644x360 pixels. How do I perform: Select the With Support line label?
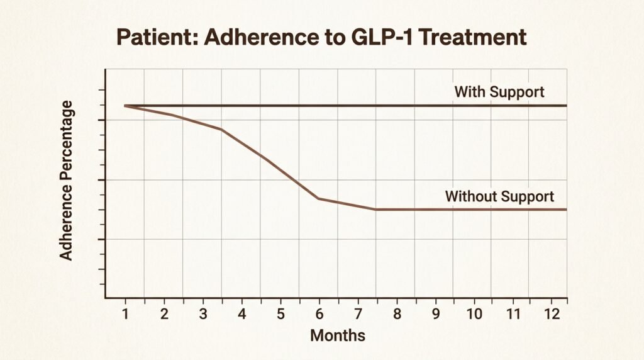pyautogui.click(x=499, y=92)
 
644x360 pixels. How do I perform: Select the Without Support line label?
pyautogui.click(x=499, y=196)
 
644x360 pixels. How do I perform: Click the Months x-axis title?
pyautogui.click(x=337, y=335)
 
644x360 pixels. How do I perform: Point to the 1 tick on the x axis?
pyautogui.click(x=125, y=313)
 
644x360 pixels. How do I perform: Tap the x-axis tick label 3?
pyautogui.click(x=203, y=313)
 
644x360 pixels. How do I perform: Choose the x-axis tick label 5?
pyautogui.click(x=280, y=313)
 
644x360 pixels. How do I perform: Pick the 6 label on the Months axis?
pyautogui.click(x=319, y=313)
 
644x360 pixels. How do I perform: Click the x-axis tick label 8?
pyautogui.click(x=397, y=313)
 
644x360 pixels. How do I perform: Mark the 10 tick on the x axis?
pyautogui.click(x=474, y=313)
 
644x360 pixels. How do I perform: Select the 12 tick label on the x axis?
pyautogui.click(x=552, y=313)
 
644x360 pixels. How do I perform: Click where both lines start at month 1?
pyautogui.click(x=125, y=106)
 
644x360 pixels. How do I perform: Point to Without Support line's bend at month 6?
pyautogui.click(x=319, y=198)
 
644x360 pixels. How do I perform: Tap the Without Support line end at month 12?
pyautogui.click(x=566, y=209)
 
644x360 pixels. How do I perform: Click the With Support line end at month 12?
pyautogui.click(x=566, y=106)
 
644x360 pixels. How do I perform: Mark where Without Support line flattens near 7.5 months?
pyautogui.click(x=376, y=209)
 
